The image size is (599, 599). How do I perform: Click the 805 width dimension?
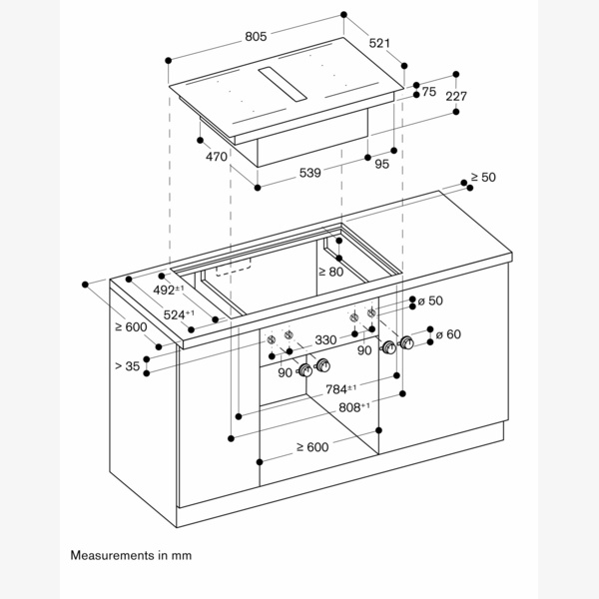(x=256, y=37)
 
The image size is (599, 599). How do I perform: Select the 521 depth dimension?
(x=378, y=44)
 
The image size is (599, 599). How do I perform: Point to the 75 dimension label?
(x=429, y=92)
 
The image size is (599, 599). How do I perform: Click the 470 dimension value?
(x=217, y=156)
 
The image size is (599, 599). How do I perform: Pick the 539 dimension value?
(x=310, y=173)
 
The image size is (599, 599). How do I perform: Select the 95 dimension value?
(x=382, y=165)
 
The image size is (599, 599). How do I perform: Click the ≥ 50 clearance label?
(x=483, y=177)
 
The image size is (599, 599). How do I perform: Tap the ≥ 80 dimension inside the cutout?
(x=330, y=271)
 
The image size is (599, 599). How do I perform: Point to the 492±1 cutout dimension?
(x=167, y=291)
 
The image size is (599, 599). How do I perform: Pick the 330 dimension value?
(x=325, y=340)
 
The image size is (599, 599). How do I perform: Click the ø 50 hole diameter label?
(x=429, y=301)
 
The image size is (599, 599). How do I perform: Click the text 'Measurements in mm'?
(x=130, y=553)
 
